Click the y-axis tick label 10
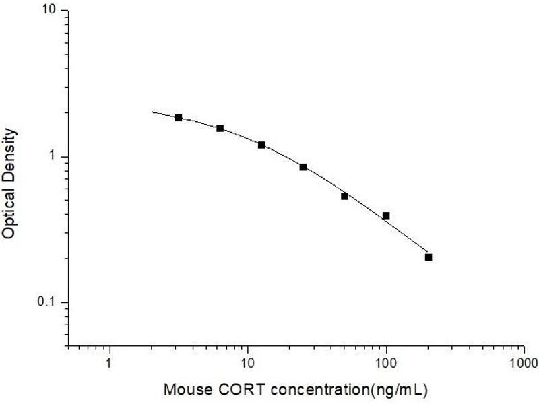(x=51, y=11)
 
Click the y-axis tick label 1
(x=55, y=157)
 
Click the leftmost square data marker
(x=179, y=118)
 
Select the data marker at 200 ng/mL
(x=429, y=257)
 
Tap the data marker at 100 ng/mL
(x=386, y=215)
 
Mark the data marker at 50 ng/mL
(x=344, y=196)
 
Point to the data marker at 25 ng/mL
(x=303, y=167)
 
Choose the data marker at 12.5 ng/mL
(x=261, y=145)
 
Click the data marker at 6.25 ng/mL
(x=220, y=128)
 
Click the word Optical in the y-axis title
(x=9, y=211)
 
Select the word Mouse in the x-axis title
(x=185, y=390)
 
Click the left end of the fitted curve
(x=152, y=112)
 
